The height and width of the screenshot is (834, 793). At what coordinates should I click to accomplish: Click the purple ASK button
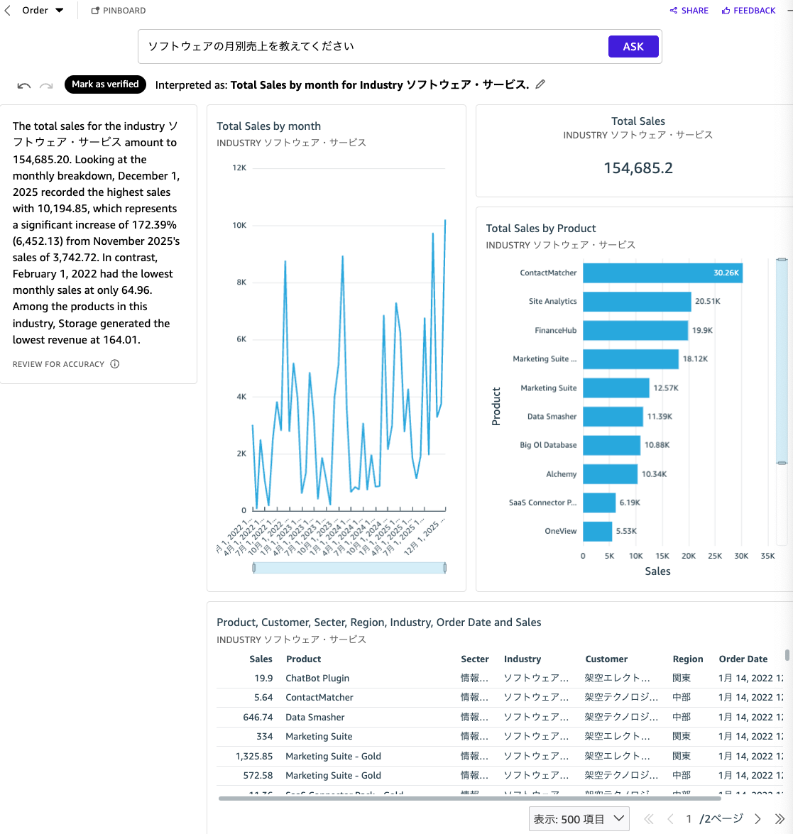click(633, 47)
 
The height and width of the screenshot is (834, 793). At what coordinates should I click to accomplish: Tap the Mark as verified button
click(105, 84)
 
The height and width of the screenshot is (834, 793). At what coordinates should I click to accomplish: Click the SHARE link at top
click(689, 11)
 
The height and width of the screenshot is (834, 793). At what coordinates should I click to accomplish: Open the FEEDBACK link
click(748, 11)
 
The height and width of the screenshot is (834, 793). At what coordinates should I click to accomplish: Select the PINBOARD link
click(119, 11)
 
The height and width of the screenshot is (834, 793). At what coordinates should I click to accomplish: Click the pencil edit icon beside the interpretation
click(540, 84)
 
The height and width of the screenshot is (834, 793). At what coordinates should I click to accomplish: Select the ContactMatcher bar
click(662, 273)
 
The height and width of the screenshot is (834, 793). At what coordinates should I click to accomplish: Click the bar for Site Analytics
click(636, 302)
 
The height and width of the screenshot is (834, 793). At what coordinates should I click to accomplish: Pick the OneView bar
click(597, 532)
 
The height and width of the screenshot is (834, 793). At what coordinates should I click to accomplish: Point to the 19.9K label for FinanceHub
click(702, 331)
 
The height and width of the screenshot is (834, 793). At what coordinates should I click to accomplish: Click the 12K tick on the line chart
click(239, 168)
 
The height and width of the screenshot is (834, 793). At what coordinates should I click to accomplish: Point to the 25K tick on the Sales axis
click(715, 556)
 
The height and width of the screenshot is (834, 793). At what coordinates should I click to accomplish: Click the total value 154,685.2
click(638, 168)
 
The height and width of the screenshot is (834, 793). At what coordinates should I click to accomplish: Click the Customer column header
click(606, 659)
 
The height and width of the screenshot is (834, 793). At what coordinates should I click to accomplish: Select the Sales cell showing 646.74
click(258, 718)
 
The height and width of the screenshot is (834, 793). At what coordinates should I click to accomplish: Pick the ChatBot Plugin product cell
click(317, 679)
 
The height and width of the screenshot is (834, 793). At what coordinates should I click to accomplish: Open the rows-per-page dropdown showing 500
click(579, 819)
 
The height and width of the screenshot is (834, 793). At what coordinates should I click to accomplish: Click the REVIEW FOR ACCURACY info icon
click(115, 364)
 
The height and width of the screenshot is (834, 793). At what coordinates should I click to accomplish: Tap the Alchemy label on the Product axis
click(561, 474)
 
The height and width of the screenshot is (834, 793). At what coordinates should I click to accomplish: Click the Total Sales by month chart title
click(268, 126)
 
